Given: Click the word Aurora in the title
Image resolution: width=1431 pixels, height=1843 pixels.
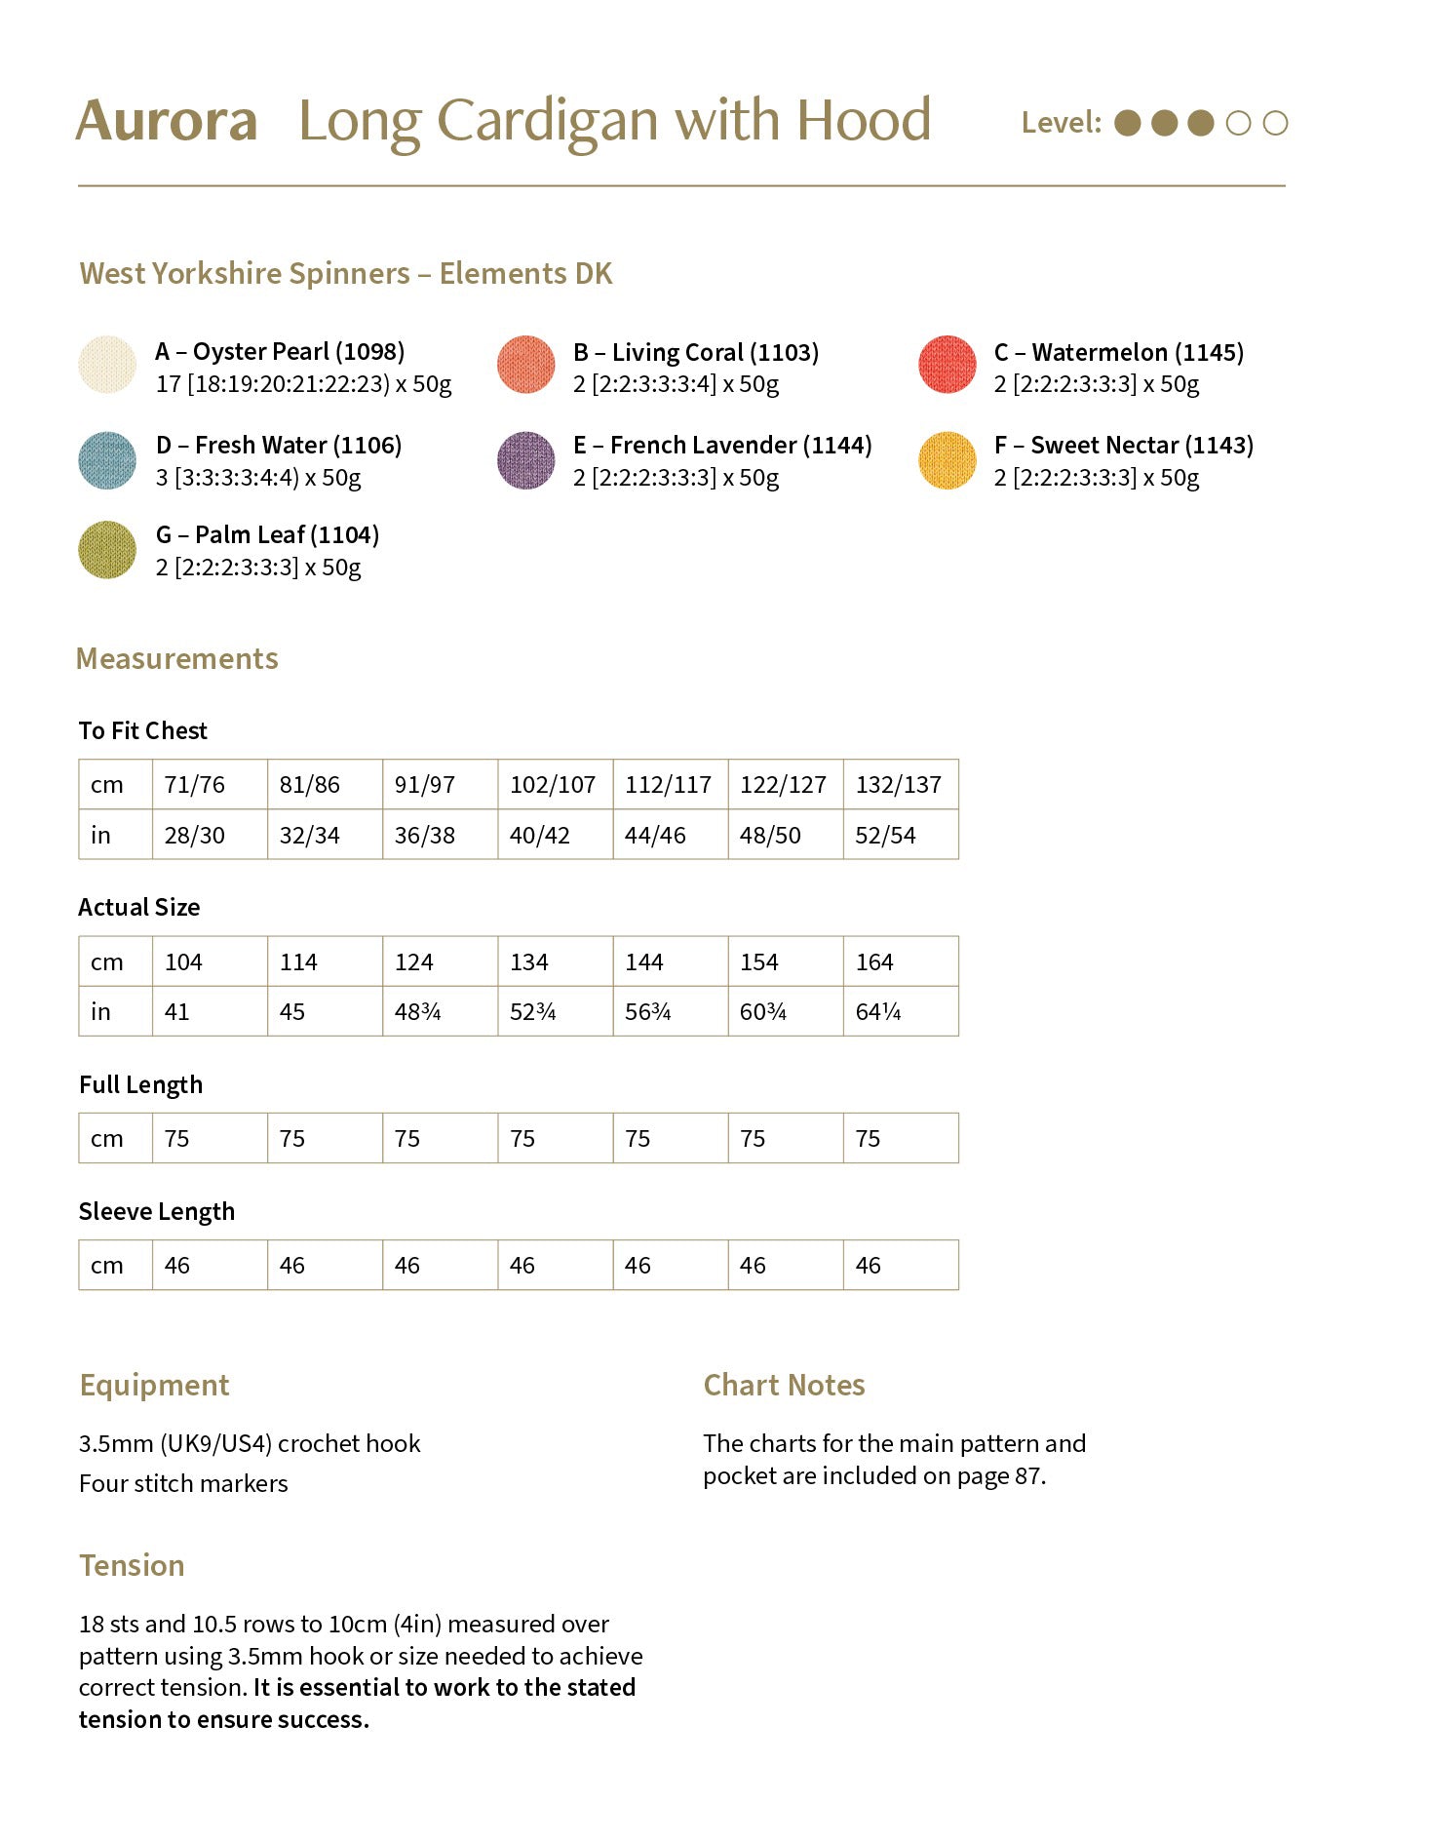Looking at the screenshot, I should point(167,122).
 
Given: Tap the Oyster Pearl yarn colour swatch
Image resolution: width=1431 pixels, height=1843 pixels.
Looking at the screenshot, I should point(107,366).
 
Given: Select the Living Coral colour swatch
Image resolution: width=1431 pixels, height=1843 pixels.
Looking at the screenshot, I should point(526,366).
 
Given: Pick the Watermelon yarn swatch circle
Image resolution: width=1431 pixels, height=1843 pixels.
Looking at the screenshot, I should point(947,366).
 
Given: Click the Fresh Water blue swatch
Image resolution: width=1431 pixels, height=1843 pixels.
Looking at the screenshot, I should point(107,460).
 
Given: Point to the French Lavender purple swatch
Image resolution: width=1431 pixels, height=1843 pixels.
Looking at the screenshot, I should point(526,460).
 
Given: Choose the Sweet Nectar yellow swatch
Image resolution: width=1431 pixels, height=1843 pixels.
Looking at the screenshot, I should point(947,460).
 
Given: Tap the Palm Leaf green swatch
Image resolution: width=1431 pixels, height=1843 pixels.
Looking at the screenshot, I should point(107,550).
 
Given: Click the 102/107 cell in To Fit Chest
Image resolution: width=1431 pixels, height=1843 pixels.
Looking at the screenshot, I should point(553,785).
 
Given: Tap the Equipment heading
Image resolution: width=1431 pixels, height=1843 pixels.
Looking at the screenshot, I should point(155,1386).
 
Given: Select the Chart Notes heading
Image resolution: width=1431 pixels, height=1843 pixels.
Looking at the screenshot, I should point(784,1386).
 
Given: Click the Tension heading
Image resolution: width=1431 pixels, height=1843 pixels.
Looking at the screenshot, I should point(132,1566).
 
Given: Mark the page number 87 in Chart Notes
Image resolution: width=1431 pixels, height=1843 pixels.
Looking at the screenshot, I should point(1027,1476).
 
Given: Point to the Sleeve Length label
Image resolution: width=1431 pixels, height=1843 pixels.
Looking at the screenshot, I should point(157,1212).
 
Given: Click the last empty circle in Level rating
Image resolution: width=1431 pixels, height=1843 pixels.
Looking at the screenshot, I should point(1275,123).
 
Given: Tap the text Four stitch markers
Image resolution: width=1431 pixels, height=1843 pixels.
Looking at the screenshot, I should point(183,1484).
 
